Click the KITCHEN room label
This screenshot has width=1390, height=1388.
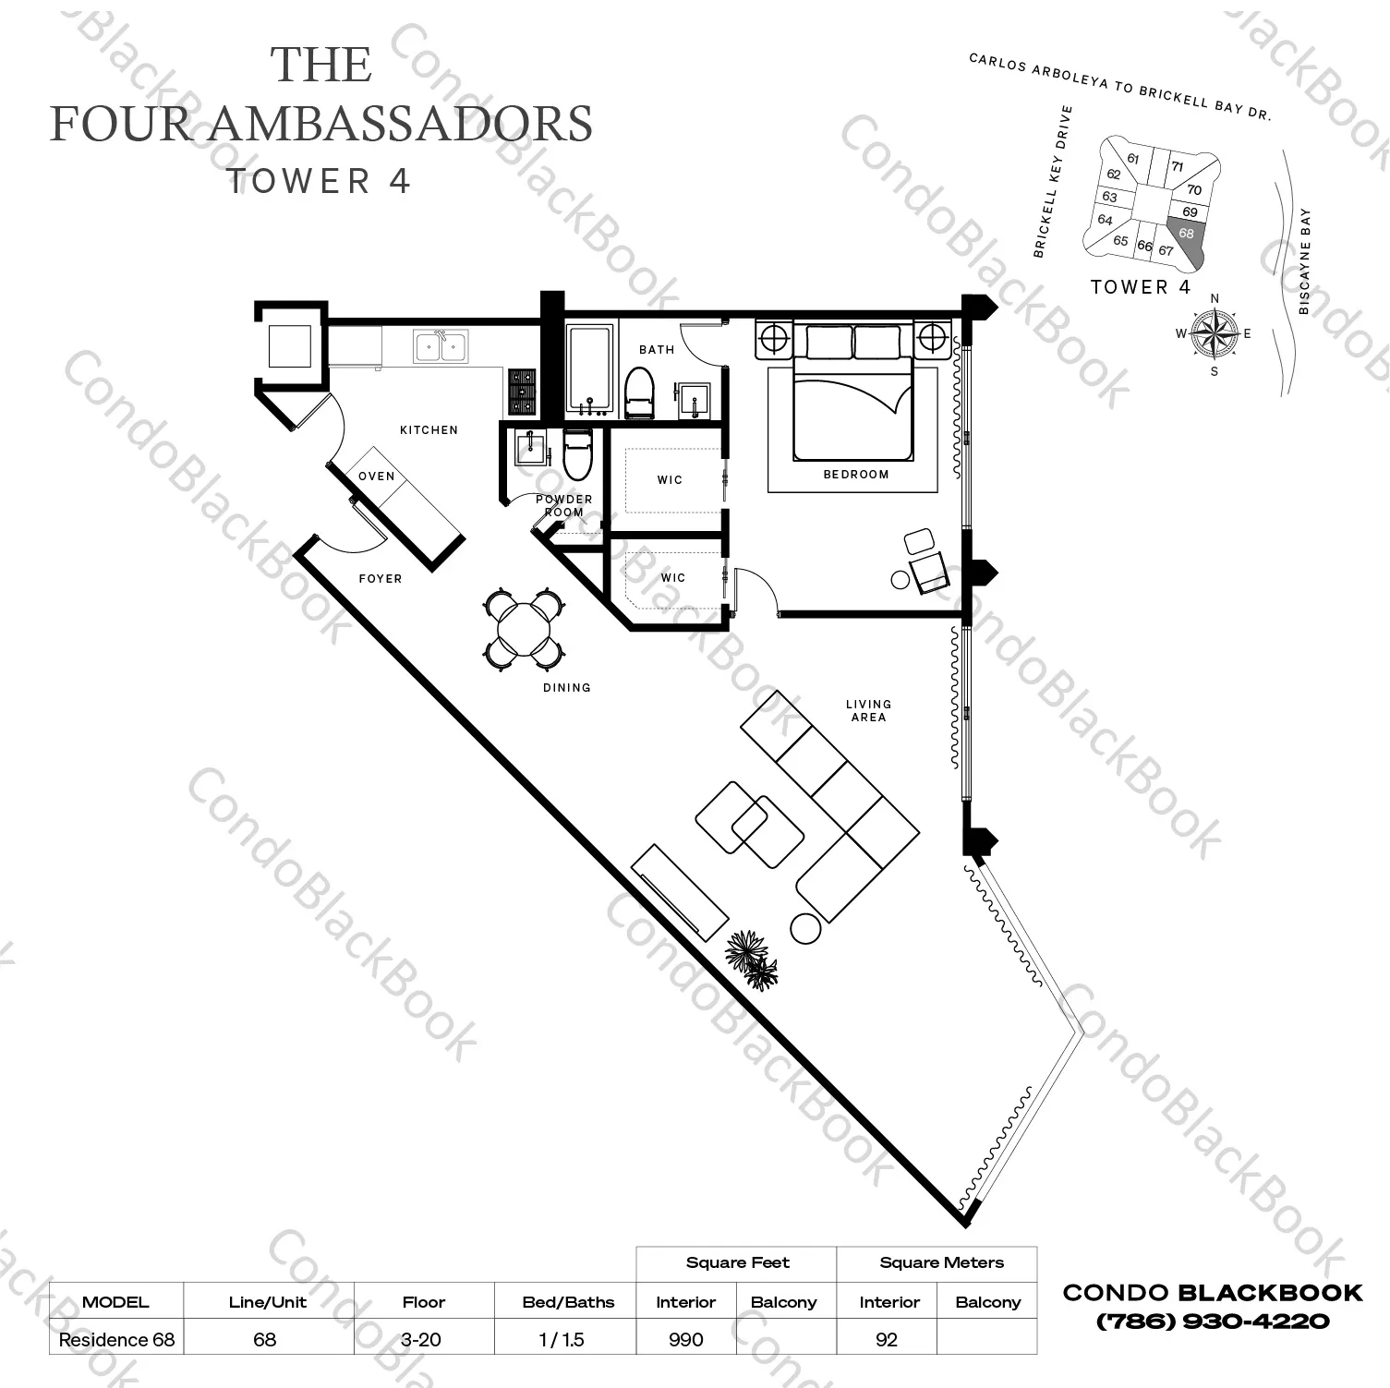429,429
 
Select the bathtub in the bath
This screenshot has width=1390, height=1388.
588,368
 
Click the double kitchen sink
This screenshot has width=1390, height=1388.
441,347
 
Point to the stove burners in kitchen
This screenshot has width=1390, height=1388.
522,392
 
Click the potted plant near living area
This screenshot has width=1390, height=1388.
752,959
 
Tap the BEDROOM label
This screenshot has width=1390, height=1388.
855,474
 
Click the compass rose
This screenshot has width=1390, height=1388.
1214,334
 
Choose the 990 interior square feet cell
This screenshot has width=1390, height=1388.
685,1339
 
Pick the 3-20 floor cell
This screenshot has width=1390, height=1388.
423,1339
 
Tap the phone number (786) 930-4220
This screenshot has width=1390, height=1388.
1212,1322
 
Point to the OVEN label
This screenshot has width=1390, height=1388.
376,476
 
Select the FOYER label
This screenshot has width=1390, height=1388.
381,579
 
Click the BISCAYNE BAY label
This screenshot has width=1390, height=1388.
1304,261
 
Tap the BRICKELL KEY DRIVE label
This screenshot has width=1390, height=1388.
1053,181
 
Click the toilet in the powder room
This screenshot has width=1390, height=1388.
577,455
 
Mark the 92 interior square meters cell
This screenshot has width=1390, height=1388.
886,1339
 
